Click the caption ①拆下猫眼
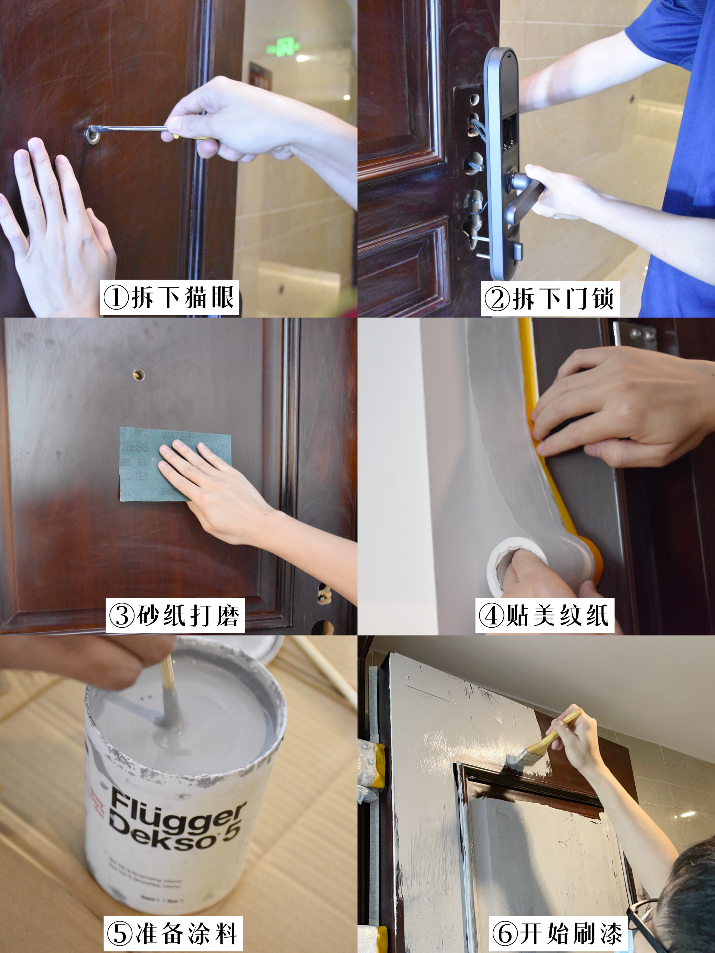169,298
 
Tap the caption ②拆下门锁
550,298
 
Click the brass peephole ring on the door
92,136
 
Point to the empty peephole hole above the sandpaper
139,374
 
